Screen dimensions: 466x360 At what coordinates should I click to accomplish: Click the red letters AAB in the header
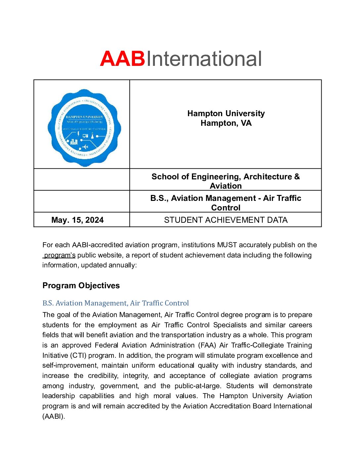click(122, 59)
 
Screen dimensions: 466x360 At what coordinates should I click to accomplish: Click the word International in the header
click(204, 59)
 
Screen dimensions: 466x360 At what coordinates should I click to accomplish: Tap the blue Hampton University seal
click(84, 127)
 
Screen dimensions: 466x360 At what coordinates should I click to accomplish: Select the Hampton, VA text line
click(226, 123)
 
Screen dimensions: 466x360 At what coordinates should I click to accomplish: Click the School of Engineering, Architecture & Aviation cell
click(226, 181)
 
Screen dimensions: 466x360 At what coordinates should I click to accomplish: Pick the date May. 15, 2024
click(77, 220)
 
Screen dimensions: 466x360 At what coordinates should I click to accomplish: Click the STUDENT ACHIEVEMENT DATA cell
click(226, 220)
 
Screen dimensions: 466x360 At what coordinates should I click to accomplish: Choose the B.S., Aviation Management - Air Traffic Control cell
click(226, 203)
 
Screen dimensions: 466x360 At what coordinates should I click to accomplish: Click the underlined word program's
click(60, 255)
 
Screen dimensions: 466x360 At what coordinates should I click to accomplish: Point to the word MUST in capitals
click(227, 245)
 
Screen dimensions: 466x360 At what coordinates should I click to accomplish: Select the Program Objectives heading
click(81, 286)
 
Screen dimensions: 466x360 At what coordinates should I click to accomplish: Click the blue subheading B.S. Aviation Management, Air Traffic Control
click(115, 303)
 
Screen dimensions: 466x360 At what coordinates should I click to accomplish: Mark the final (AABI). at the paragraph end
click(54, 416)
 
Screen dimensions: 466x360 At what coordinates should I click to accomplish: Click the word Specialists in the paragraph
click(230, 325)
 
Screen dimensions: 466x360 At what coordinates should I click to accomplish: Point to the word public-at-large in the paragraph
click(198, 386)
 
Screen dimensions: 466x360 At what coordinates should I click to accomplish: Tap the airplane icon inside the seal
click(85, 147)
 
